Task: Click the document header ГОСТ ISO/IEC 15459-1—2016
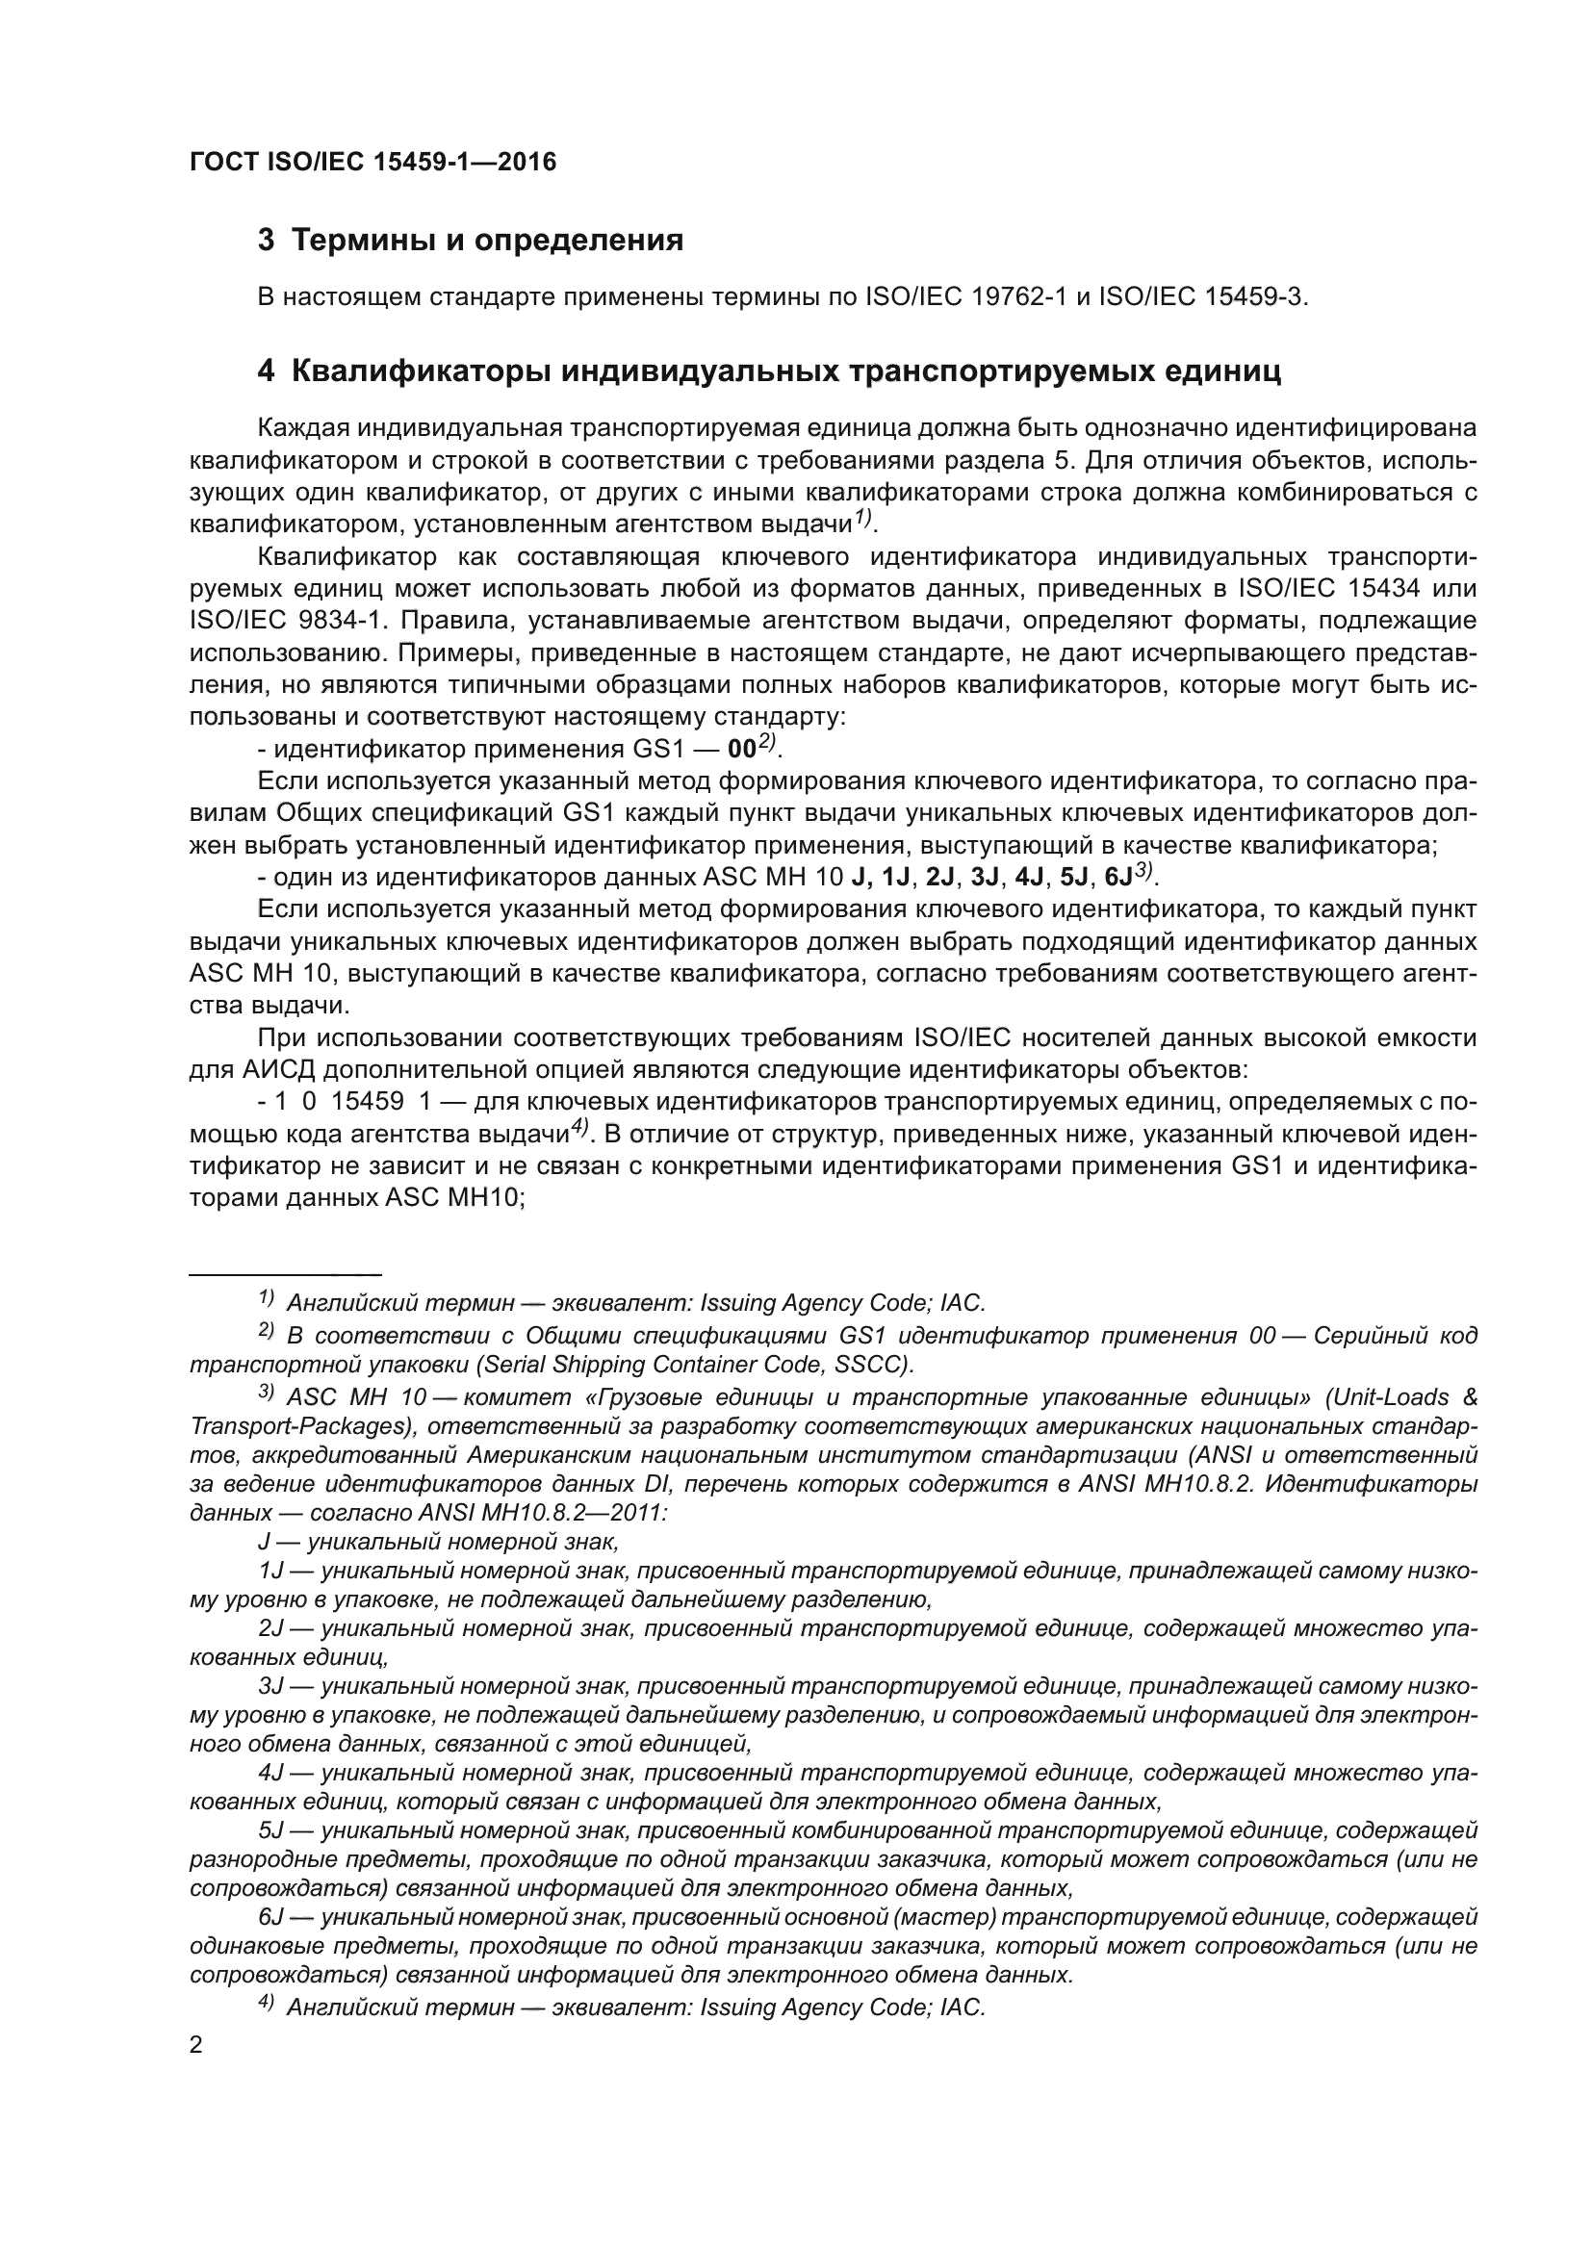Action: click(x=372, y=163)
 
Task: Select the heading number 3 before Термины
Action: click(x=266, y=241)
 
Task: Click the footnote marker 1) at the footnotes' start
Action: click(x=266, y=1299)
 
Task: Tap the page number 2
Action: click(x=196, y=2046)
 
